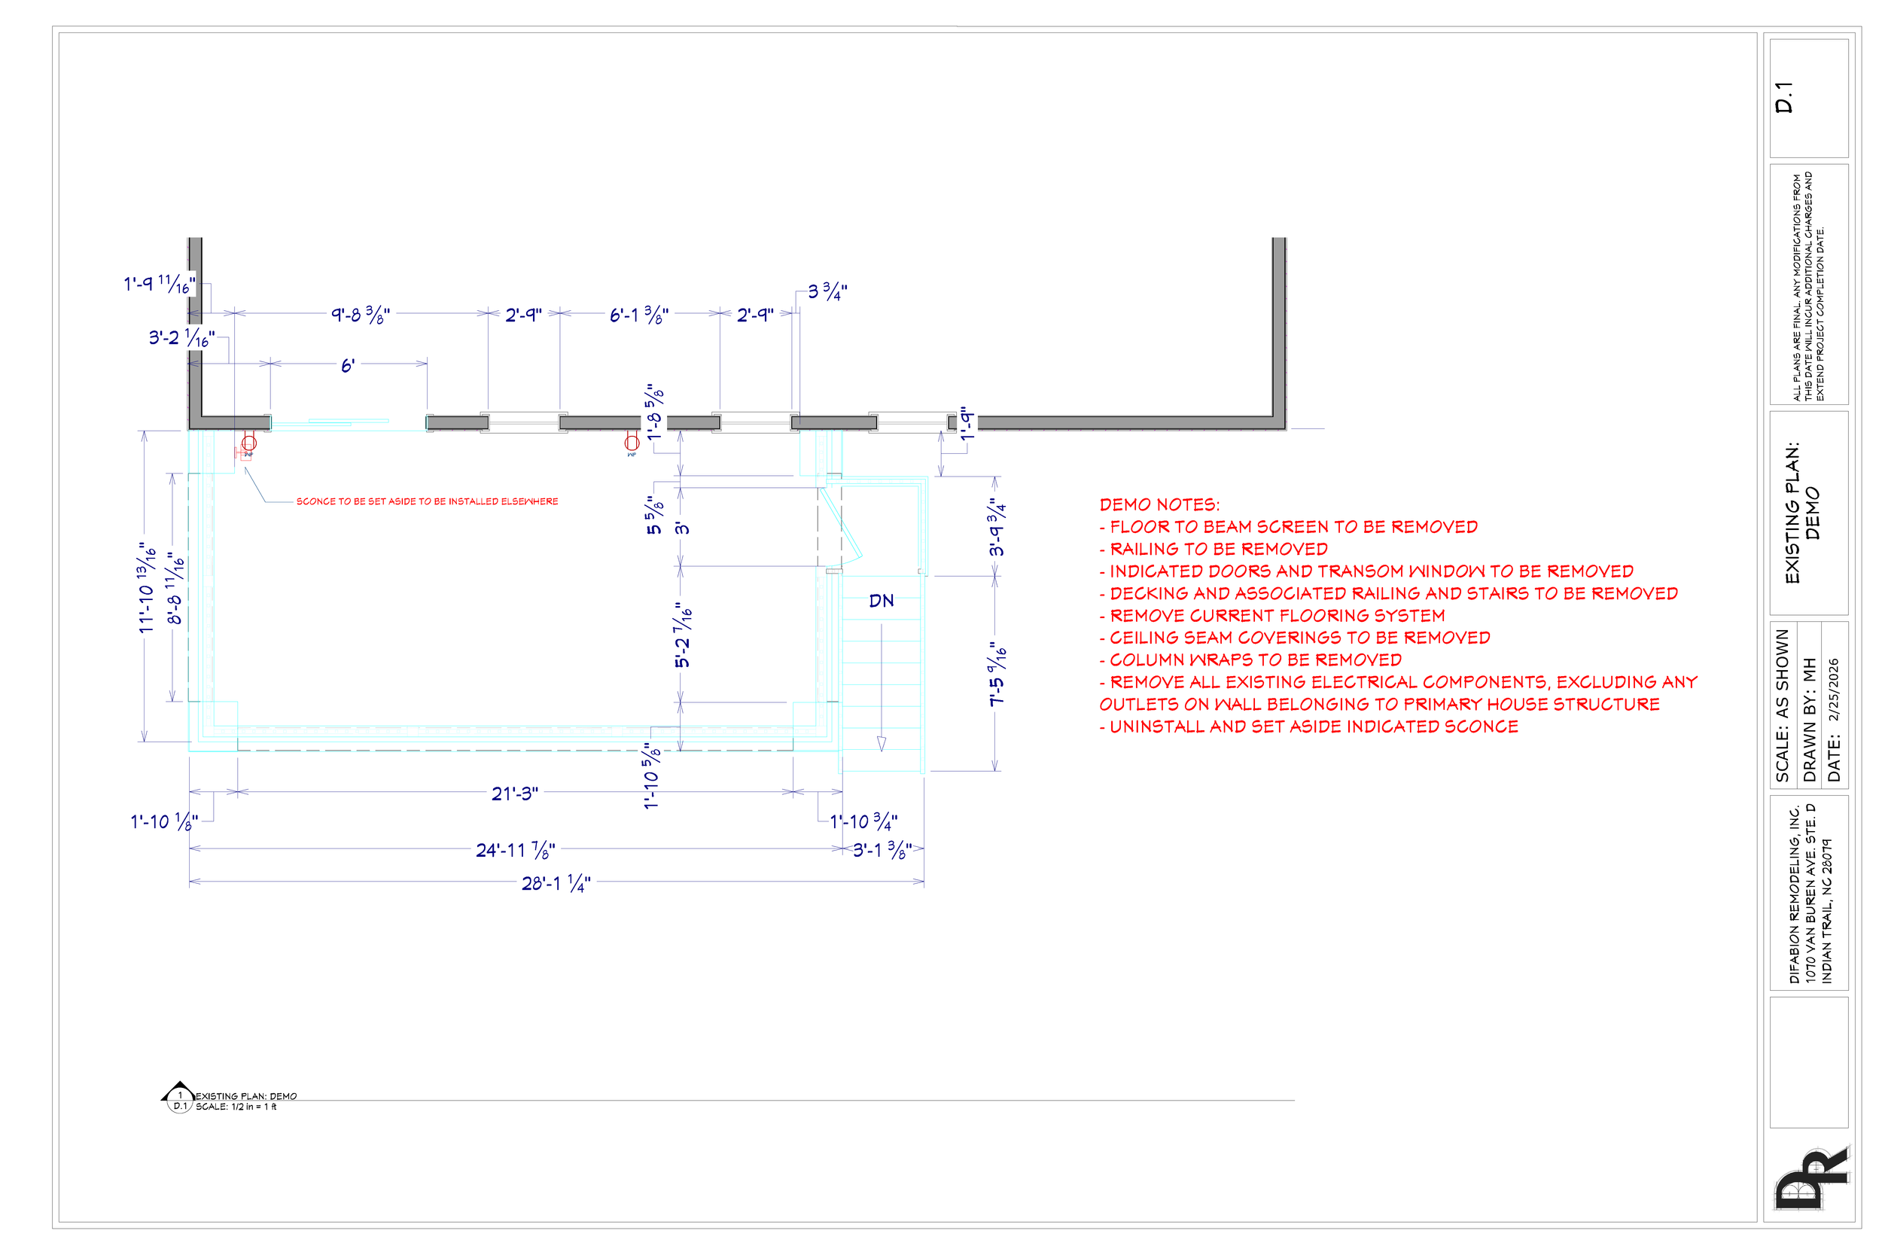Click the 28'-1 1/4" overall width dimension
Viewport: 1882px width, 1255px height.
point(556,883)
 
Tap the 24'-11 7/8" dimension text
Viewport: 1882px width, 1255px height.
point(516,849)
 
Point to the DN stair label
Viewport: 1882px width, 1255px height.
point(881,601)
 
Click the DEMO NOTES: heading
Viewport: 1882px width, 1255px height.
point(1159,505)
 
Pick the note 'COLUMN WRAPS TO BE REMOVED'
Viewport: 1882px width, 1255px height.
point(1255,660)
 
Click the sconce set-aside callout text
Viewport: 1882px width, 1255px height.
point(428,502)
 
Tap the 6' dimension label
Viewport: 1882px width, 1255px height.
point(347,366)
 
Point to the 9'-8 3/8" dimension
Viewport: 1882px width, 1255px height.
point(361,315)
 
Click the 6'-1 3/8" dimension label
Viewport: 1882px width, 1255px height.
point(638,315)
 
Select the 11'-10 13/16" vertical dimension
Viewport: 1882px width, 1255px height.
point(147,586)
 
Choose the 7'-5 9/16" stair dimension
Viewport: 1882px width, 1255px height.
point(997,674)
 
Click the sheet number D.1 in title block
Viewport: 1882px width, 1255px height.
point(1783,97)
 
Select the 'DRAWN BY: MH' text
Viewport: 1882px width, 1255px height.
point(1809,720)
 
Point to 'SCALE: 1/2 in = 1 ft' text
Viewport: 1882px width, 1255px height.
point(236,1107)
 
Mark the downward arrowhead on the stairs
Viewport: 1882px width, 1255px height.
point(882,744)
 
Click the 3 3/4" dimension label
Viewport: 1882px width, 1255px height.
point(827,291)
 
